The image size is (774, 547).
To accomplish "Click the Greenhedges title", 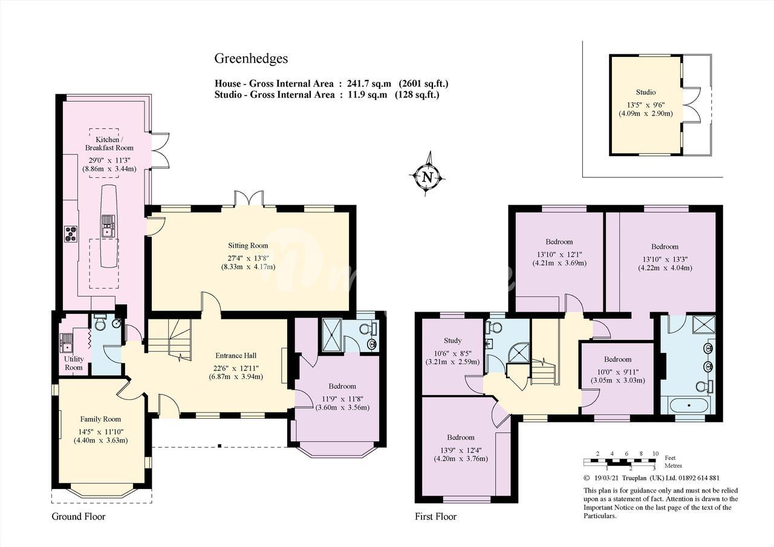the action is pyautogui.click(x=251, y=59).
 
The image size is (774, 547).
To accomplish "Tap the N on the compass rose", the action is pyautogui.click(x=428, y=177).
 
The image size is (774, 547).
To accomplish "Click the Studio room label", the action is pyautogui.click(x=645, y=93).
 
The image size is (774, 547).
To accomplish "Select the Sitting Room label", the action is pyautogui.click(x=248, y=246).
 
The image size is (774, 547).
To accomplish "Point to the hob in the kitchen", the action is pyautogui.click(x=71, y=233).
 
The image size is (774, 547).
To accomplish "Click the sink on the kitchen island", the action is pyautogui.click(x=108, y=226).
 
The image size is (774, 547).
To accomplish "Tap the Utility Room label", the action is pyautogui.click(x=74, y=363).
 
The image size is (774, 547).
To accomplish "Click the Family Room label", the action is pyautogui.click(x=100, y=419).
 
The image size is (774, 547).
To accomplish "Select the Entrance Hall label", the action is pyautogui.click(x=236, y=355).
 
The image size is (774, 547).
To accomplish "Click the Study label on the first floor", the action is pyautogui.click(x=452, y=341).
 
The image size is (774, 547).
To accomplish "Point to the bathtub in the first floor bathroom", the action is pyautogui.click(x=686, y=405).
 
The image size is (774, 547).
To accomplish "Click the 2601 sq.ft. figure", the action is pyautogui.click(x=424, y=84).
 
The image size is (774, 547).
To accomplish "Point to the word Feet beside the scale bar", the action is pyautogui.click(x=670, y=458).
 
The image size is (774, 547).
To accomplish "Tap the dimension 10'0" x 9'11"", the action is pyautogui.click(x=617, y=372).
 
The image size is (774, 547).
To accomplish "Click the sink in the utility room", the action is pyautogui.click(x=66, y=342).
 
